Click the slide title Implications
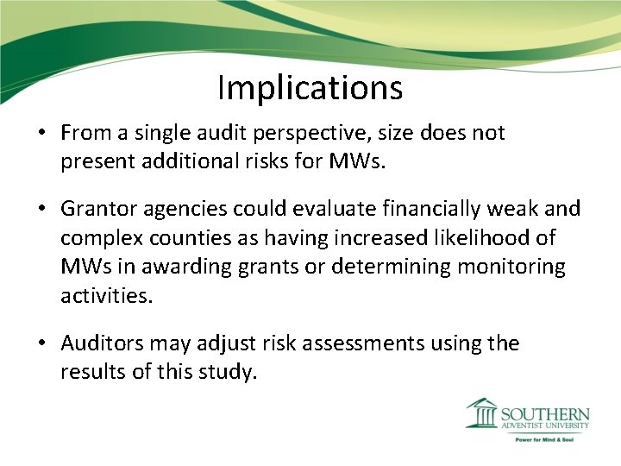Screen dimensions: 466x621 (x=310, y=87)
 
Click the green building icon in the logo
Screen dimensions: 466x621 (x=481, y=413)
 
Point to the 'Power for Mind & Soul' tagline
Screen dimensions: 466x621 (x=545, y=439)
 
